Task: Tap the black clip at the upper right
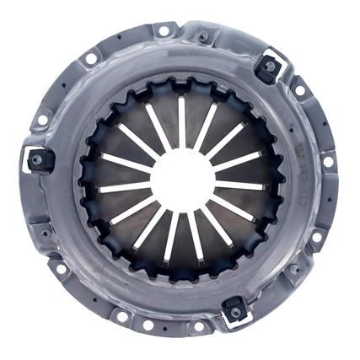[270, 67]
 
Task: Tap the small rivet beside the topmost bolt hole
[203, 36]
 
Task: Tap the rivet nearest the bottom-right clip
[294, 269]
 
